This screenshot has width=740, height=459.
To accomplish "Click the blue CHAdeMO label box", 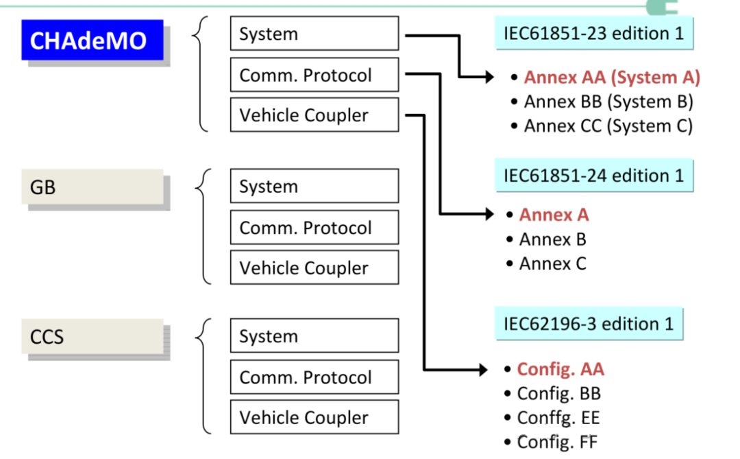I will [92, 40].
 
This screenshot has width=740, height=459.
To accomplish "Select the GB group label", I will [92, 187].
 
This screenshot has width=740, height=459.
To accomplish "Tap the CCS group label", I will [92, 337].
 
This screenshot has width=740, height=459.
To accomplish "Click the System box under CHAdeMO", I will [314, 34].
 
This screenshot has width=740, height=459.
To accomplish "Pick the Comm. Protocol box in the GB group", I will [314, 228].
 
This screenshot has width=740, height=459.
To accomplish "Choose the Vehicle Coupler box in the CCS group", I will [314, 417].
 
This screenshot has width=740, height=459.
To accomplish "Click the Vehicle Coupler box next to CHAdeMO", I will [314, 115].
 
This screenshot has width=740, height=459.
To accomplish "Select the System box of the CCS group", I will [314, 336].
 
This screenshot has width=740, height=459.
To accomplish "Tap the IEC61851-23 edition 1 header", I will [593, 34].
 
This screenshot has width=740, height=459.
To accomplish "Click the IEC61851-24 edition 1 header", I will [593, 176].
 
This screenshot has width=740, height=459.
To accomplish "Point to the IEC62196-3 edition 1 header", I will [589, 323].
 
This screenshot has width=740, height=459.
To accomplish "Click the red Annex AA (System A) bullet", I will [611, 78].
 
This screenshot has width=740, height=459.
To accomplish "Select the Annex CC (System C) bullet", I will [608, 126].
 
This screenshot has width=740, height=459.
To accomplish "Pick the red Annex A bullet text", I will [554, 215].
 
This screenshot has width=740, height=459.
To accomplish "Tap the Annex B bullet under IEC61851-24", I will [552, 239].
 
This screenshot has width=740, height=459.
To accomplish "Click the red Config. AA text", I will [560, 370].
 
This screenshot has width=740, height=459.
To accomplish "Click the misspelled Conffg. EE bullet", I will [558, 418].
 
